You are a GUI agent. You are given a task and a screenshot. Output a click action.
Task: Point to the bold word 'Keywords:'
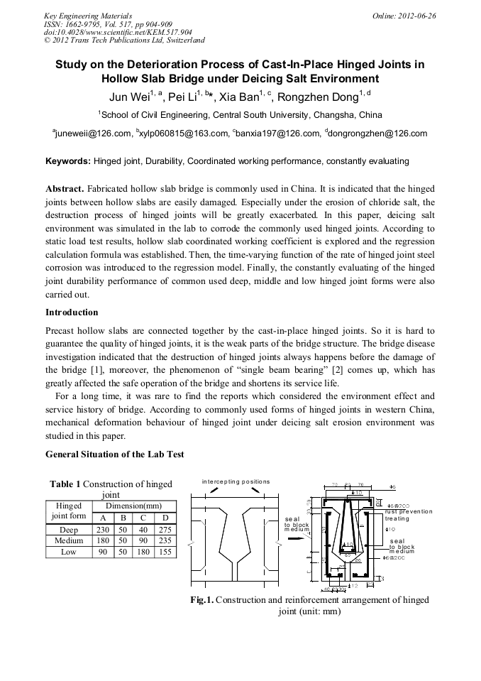pos(68,161)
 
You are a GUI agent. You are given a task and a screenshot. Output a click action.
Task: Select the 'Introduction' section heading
pos(72,312)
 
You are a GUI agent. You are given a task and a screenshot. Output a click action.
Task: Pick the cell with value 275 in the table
pos(165,530)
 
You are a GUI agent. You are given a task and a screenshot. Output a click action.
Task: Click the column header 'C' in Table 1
pos(143,518)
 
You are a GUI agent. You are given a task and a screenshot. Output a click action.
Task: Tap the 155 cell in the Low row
pos(165,552)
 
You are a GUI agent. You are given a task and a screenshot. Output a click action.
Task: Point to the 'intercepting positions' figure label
pos(236,481)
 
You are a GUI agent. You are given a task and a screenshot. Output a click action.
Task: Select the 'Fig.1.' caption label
pos(201,600)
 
